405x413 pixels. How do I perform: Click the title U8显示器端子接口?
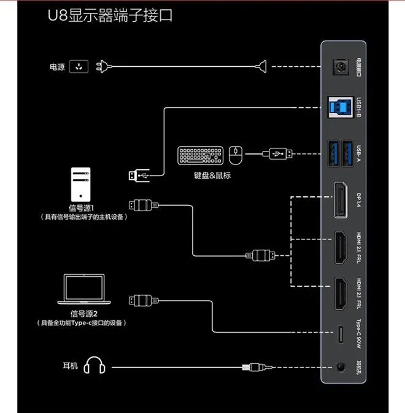(110, 15)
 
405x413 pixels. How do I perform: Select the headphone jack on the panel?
(339, 368)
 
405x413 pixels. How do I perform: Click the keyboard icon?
(201, 155)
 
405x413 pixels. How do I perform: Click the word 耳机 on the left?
(70, 366)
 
